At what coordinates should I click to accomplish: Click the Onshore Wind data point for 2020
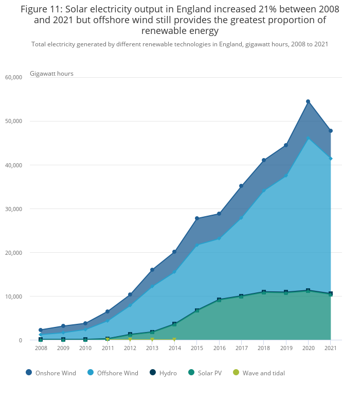308,101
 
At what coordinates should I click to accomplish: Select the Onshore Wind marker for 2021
330,131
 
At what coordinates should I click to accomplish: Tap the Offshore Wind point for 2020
308,137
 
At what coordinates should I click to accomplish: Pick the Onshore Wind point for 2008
41,330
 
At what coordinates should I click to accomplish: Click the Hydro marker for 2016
219,300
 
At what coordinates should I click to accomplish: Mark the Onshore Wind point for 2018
264,160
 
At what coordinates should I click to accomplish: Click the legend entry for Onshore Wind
51,373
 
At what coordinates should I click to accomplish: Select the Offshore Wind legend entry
113,373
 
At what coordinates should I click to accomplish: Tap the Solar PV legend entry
204,373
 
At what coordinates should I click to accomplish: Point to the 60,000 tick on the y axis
14,77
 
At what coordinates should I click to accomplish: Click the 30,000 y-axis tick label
14,209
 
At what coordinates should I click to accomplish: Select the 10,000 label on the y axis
14,297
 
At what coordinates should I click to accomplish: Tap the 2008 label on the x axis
41,348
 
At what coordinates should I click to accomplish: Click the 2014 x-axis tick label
174,348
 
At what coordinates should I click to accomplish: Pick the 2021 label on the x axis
330,348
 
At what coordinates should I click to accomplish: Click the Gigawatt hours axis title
51,74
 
